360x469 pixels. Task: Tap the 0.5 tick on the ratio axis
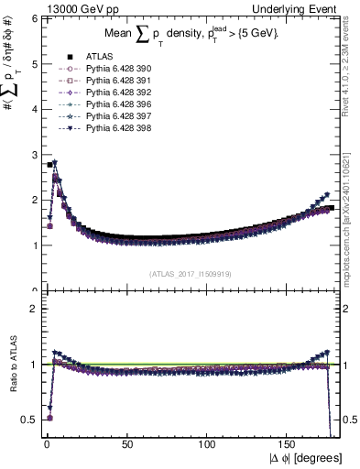coord(29,420)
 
